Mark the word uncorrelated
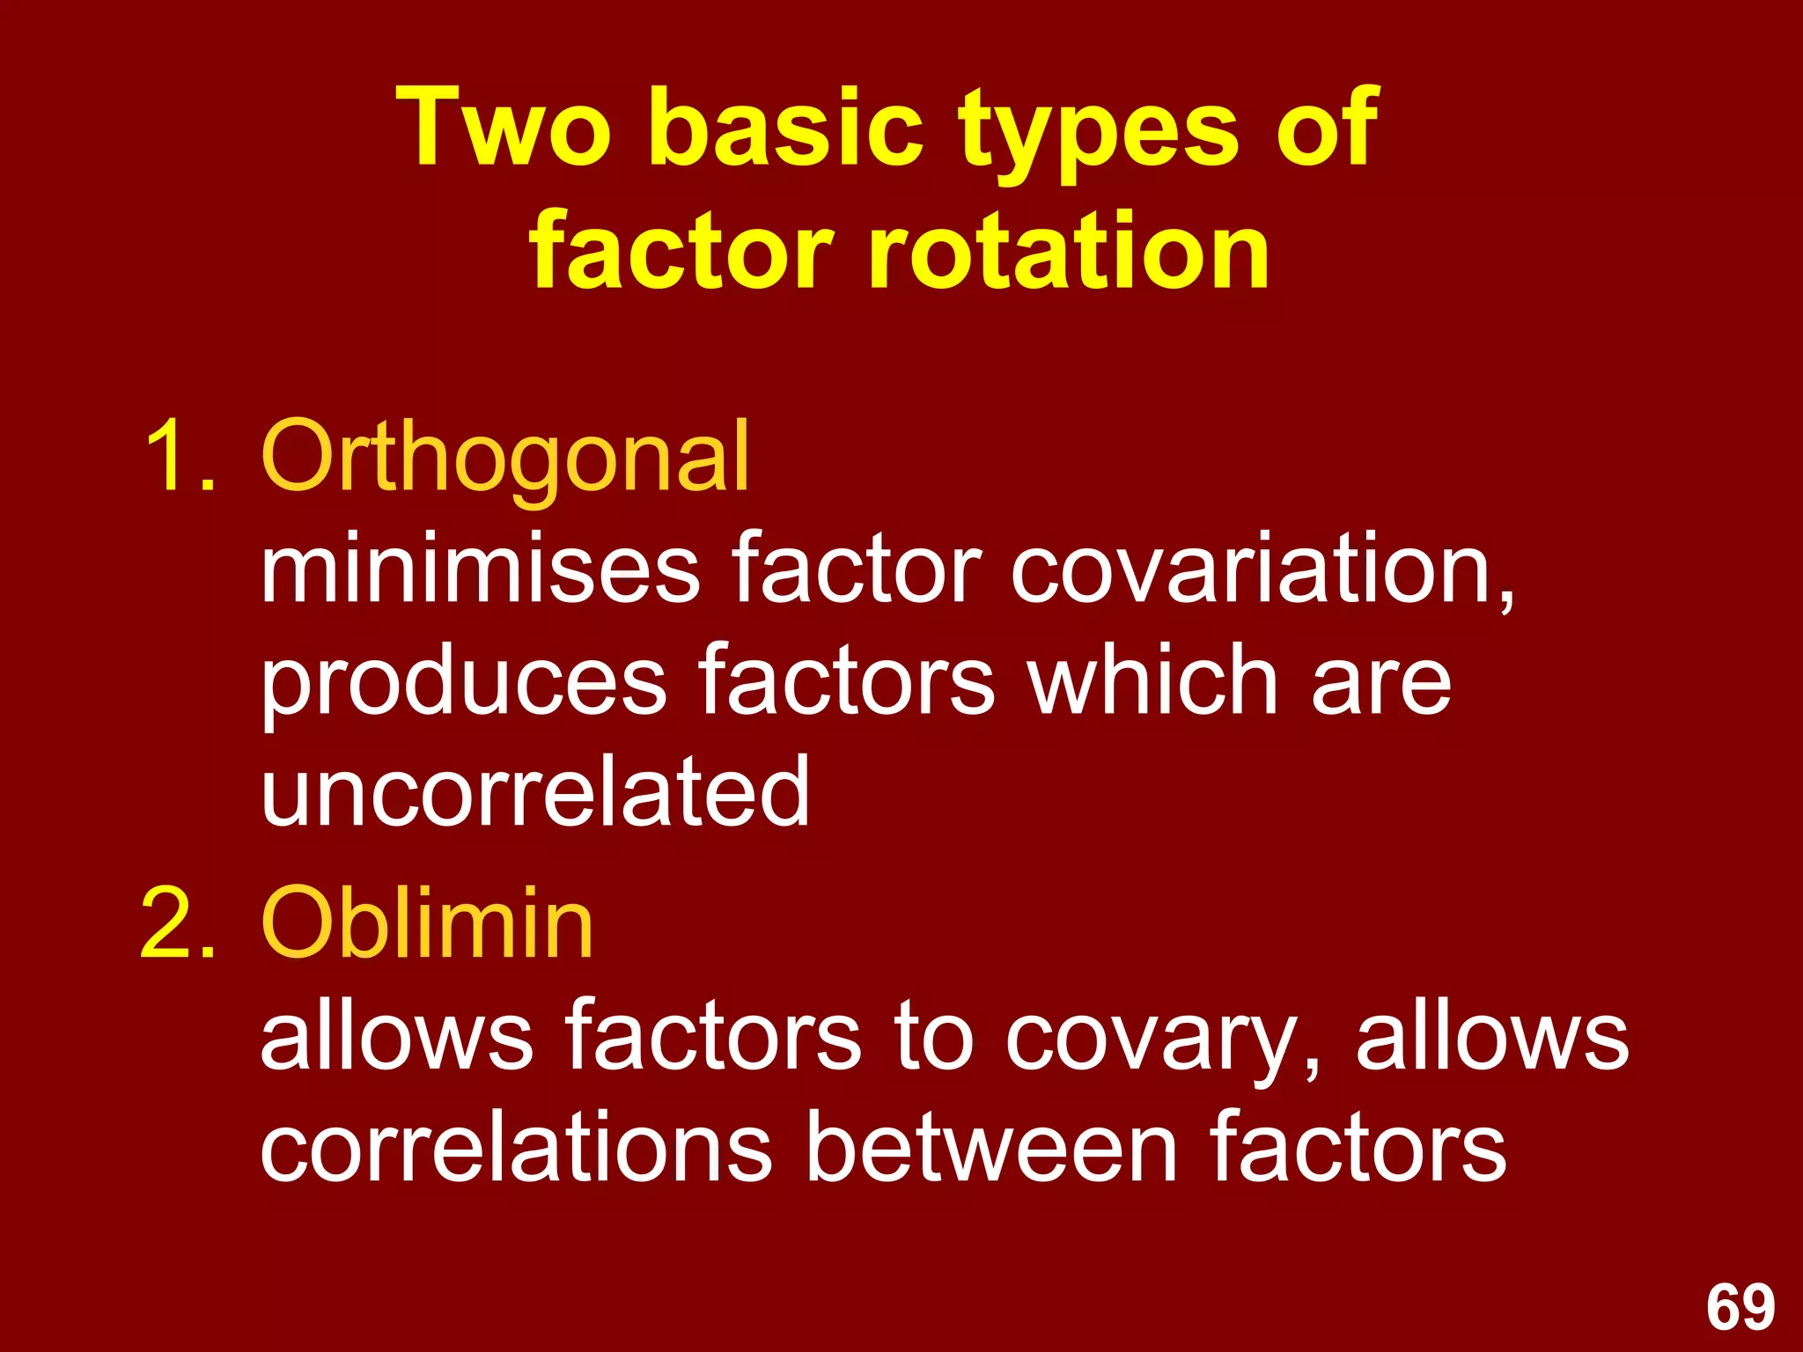tap(534, 792)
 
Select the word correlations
tap(516, 1148)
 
